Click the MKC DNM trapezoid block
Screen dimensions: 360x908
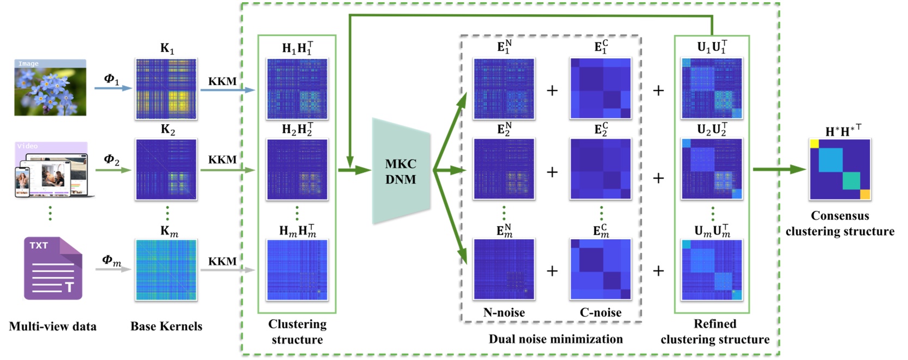(401, 171)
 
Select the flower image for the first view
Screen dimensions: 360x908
(50, 88)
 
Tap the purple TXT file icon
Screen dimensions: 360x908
(53, 268)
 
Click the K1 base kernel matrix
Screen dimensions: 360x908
(166, 89)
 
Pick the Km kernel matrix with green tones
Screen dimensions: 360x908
(166, 270)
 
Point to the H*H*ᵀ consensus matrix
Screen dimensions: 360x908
(840, 169)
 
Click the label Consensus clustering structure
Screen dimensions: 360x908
(839, 223)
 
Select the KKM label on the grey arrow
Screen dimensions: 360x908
(222, 261)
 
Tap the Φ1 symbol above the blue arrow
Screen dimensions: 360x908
(111, 79)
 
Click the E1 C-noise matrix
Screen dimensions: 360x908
(600, 88)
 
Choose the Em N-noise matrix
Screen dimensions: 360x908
(504, 269)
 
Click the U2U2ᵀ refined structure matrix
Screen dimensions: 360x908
(712, 169)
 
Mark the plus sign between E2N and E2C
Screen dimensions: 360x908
(552, 172)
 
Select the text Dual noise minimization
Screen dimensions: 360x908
(555, 339)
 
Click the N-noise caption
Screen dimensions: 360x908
(504, 313)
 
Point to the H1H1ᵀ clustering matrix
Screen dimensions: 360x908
(297, 89)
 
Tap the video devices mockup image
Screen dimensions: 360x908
(52, 170)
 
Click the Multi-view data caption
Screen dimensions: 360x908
(53, 326)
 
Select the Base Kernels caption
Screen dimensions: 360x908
(166, 326)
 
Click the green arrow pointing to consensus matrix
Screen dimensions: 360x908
(778, 169)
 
